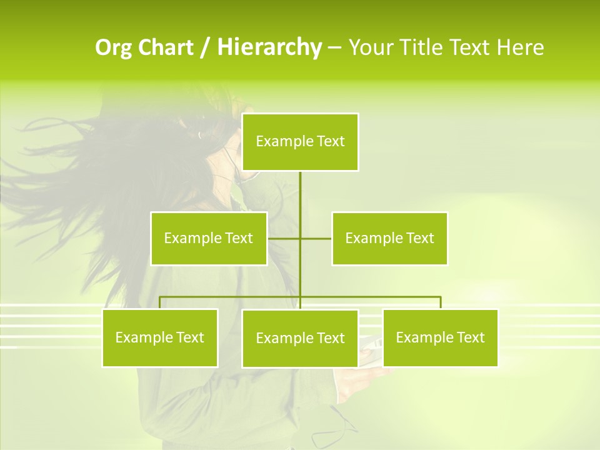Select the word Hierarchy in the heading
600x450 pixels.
pos(269,47)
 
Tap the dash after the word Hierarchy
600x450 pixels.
pos(334,47)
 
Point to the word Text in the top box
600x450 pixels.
pos(331,141)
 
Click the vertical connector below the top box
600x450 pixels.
pos(301,200)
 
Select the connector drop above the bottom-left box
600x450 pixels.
pos(160,302)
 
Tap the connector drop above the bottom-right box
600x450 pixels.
pos(441,302)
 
